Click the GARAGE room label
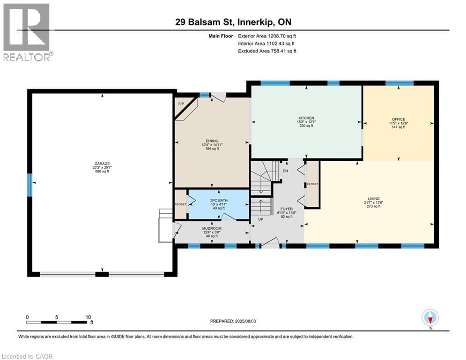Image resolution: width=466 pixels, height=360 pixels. click(102, 164)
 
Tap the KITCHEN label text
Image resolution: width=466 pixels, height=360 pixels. click(306, 118)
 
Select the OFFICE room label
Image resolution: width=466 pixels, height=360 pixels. click(398, 120)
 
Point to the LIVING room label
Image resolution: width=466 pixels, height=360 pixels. click(374, 198)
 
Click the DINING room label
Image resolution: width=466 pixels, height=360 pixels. click(212, 141)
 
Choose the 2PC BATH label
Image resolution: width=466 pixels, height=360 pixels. click(219, 201)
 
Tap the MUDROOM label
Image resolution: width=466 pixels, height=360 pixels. click(212, 228)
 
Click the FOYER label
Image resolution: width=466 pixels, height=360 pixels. click(287, 209)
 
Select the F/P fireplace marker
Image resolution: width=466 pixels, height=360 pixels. click(181, 104)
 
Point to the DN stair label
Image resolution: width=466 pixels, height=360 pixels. click(285, 171)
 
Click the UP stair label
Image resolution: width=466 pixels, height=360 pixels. click(261, 219)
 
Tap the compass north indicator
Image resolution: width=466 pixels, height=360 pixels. click(430, 318)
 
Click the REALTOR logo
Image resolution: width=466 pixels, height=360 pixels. click(28, 31)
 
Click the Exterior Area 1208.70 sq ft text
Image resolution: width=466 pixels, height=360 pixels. click(267, 36)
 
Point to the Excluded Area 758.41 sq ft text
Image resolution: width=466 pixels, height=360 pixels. click(267, 51)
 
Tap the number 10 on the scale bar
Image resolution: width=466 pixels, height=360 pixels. click(88, 317)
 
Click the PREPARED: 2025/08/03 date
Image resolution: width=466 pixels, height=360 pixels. click(233, 321)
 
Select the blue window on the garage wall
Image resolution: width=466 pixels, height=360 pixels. click(30, 185)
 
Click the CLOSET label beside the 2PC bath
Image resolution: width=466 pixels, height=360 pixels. click(180, 204)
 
